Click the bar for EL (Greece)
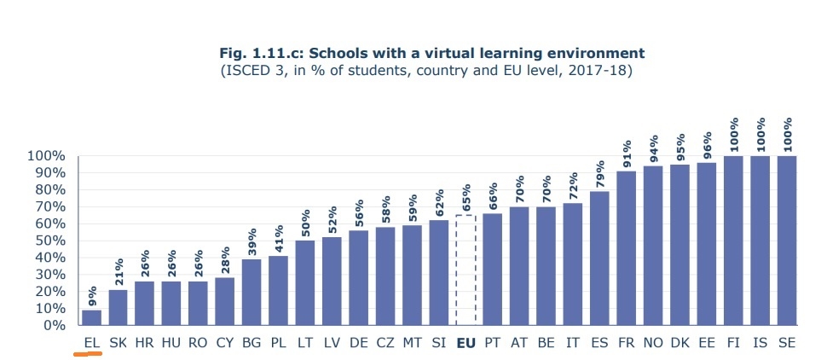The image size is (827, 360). click(91, 317)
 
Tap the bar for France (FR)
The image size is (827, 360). click(626, 248)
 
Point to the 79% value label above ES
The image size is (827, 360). click(599, 173)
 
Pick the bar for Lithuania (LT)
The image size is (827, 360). click(305, 282)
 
